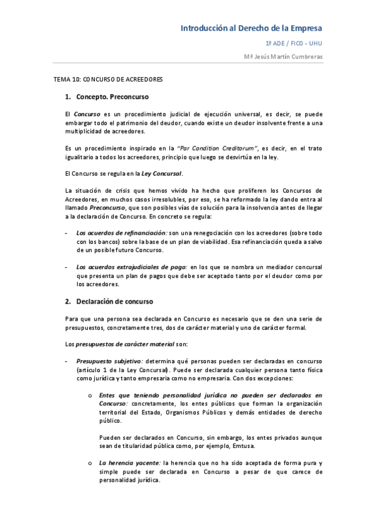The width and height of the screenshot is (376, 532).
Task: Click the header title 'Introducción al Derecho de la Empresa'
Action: pyautogui.click(x=252, y=29)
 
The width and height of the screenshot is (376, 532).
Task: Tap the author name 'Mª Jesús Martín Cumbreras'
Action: pyautogui.click(x=283, y=56)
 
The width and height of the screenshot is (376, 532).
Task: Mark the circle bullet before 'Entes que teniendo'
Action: pyautogui.click(x=91, y=396)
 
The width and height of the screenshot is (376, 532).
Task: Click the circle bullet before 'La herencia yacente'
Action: pyautogui.click(x=91, y=463)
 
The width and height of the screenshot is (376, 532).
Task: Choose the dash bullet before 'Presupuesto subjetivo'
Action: pyautogui.click(x=67, y=362)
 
